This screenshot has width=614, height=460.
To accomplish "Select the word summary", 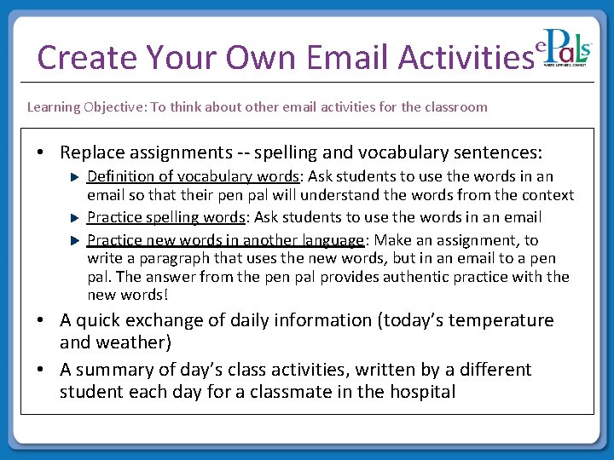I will tap(119, 370).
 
